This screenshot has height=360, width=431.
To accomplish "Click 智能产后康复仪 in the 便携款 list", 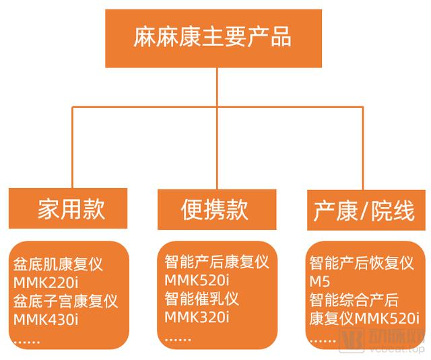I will (216, 262).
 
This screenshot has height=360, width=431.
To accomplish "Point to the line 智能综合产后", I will (354, 299).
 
